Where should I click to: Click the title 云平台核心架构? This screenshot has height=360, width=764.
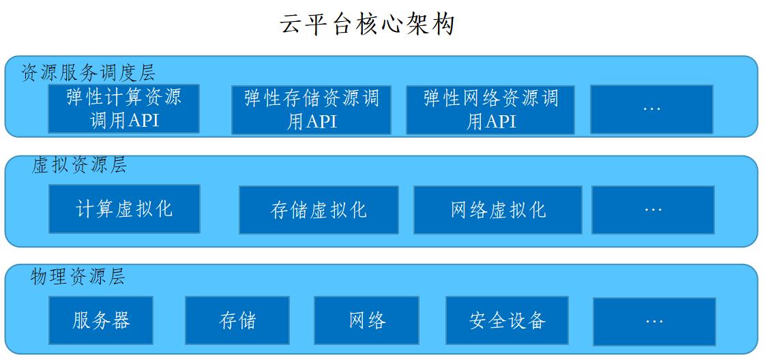(x=367, y=24)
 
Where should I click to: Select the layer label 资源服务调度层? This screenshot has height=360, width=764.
(x=88, y=73)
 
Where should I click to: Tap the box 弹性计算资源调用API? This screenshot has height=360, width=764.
(x=123, y=108)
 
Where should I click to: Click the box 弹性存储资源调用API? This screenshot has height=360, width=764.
(x=311, y=110)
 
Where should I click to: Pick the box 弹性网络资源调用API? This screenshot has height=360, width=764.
(x=490, y=110)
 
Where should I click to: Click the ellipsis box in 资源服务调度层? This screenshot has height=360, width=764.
(x=652, y=109)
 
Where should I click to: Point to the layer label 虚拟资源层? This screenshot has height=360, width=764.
(x=79, y=165)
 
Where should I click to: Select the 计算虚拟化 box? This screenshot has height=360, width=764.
(x=124, y=209)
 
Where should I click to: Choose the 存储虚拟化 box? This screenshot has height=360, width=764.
(x=319, y=210)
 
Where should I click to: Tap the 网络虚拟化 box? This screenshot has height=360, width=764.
(x=498, y=210)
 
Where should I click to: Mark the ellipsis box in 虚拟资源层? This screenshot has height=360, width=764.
(x=653, y=210)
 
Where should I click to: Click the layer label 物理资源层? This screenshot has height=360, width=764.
(x=78, y=276)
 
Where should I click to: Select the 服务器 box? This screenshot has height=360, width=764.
(x=101, y=320)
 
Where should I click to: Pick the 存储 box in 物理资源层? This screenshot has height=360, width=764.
(x=237, y=320)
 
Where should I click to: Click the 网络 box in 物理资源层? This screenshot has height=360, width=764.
(x=366, y=320)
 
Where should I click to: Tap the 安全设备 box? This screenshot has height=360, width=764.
(x=508, y=320)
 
